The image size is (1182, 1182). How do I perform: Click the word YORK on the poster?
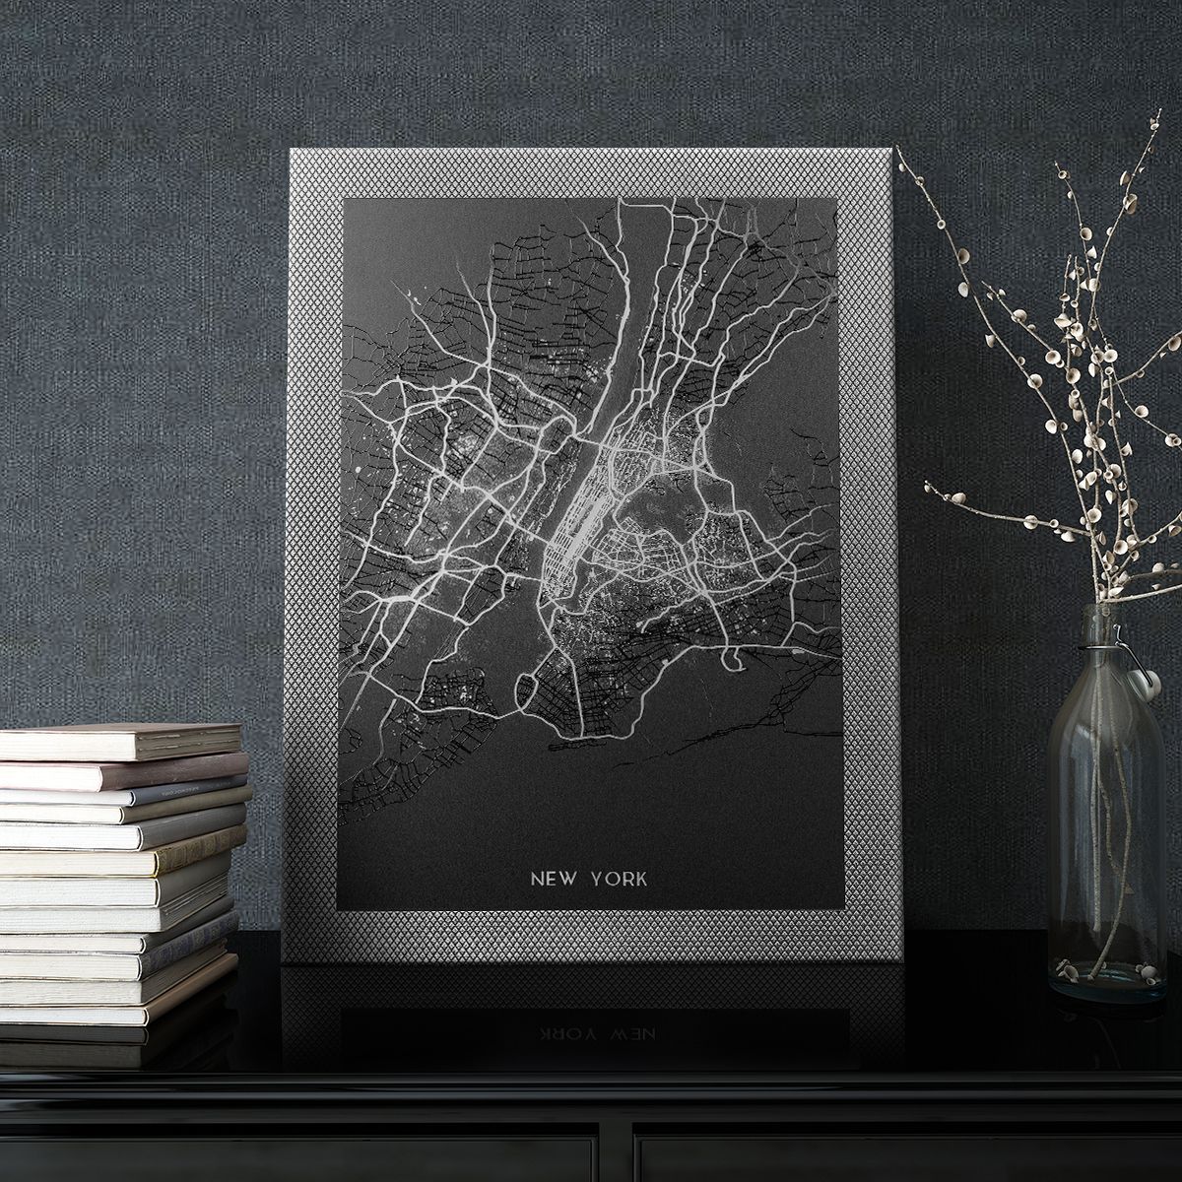pos(619,878)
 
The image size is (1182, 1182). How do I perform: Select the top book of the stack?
pos(120,741)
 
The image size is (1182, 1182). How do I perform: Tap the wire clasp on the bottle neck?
pos(1123,650)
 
